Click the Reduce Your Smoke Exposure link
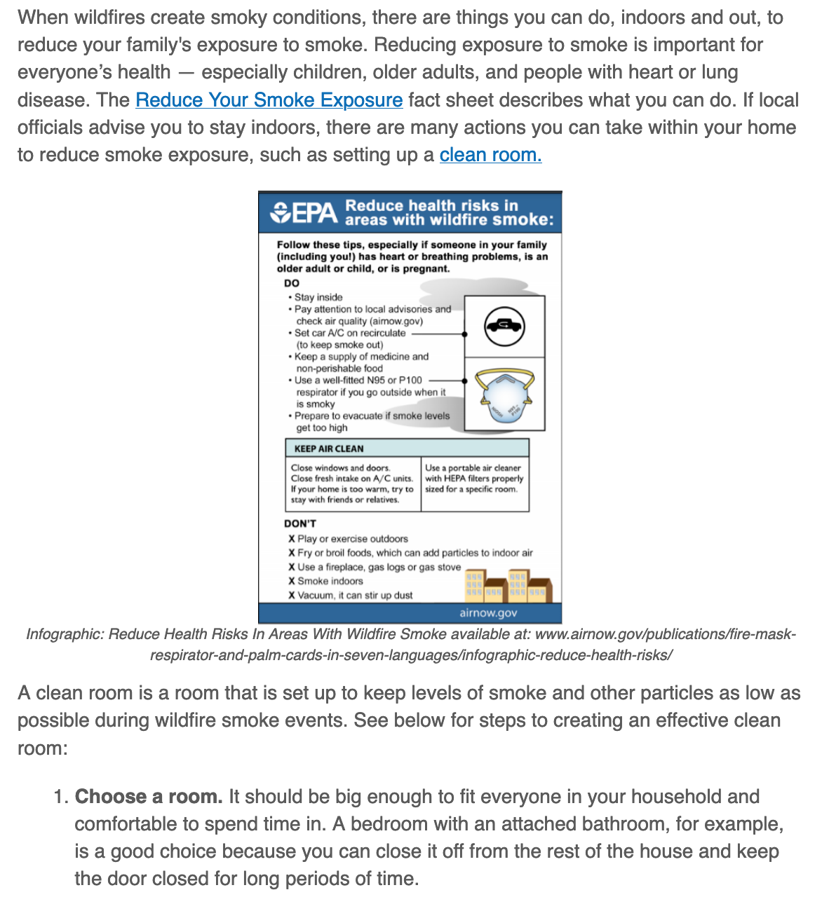click(269, 100)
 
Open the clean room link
click(490, 155)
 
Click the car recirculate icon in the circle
click(504, 326)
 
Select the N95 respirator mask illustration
click(504, 396)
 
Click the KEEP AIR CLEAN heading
click(329, 448)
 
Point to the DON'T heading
click(300, 523)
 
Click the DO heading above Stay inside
click(292, 283)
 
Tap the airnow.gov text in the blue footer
click(488, 612)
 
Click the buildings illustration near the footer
click(509, 586)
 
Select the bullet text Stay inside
click(318, 297)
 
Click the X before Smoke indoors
click(292, 581)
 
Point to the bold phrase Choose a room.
click(149, 797)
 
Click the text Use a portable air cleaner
click(473, 467)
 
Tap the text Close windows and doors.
click(341, 467)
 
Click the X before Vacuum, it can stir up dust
click(292, 595)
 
